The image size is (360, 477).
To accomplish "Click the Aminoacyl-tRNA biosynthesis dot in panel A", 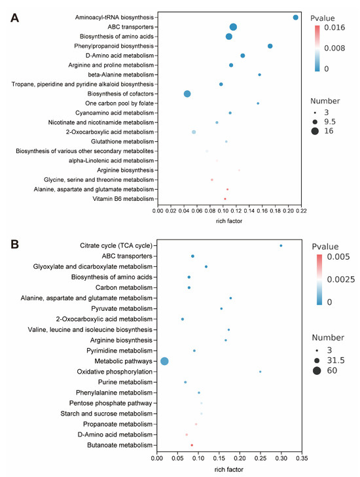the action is click(x=295, y=18).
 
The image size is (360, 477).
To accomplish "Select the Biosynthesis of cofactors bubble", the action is click(x=187, y=94).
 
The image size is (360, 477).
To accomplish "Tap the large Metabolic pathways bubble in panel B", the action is click(x=165, y=361).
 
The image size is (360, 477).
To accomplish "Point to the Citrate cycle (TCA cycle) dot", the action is click(x=281, y=245).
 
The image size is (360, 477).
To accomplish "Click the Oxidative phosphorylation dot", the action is click(x=261, y=372).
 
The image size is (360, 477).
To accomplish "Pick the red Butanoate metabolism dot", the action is click(x=192, y=445).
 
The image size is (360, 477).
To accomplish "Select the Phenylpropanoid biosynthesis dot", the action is click(x=270, y=46).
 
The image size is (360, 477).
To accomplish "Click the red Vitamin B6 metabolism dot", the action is click(x=225, y=199).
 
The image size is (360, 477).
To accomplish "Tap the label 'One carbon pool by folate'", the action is click(x=119, y=103).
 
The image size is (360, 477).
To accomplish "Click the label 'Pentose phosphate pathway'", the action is click(x=111, y=403).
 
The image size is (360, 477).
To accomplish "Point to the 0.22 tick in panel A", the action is click(x=301, y=211).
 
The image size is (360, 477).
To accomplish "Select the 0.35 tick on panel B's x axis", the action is click(x=302, y=458).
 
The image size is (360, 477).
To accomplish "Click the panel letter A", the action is click(x=14, y=18).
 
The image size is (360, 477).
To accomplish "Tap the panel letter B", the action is click(x=14, y=244).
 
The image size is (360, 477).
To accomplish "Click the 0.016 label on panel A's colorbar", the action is click(x=334, y=27).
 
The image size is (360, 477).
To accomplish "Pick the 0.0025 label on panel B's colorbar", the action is click(x=341, y=279).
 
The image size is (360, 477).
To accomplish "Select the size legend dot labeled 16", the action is click(x=315, y=131).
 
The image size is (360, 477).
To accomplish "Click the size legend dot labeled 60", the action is click(x=317, y=370).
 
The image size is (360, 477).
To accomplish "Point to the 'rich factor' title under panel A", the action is click(x=229, y=221).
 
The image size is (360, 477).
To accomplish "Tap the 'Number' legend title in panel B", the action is click(x=328, y=338).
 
